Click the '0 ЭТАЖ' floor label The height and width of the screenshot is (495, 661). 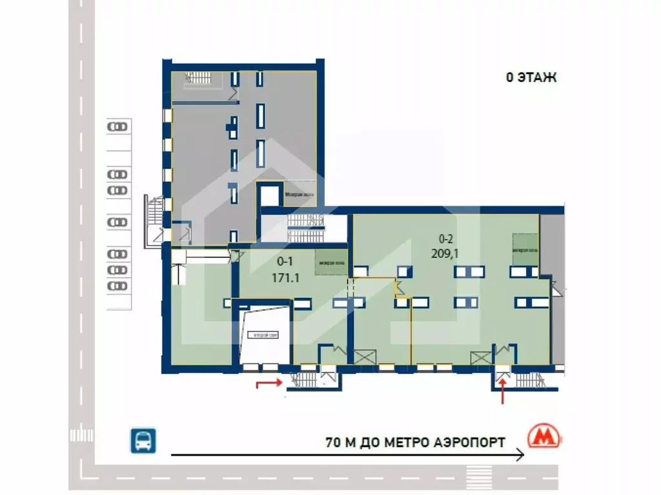[531, 78]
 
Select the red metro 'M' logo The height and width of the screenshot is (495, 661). [544, 437]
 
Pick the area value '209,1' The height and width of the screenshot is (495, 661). [445, 253]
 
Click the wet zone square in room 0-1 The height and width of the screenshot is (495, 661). [329, 263]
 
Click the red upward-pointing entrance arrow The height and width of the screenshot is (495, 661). [503, 391]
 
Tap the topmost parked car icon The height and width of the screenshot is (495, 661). [117, 127]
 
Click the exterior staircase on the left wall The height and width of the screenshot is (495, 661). [155, 221]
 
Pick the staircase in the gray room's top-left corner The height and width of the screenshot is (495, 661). [198, 79]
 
